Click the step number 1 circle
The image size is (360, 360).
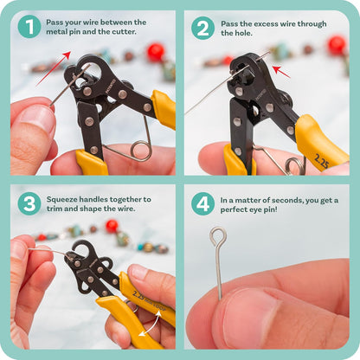coord(29,27)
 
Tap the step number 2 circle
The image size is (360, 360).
coord(202,28)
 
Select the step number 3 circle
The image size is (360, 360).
coord(29,203)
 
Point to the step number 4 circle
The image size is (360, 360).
coord(202,203)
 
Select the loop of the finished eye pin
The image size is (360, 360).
coord(217,236)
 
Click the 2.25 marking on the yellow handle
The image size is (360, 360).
coord(321,161)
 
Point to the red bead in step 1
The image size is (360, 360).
coord(156,53)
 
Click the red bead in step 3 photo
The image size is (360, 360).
coord(112,226)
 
